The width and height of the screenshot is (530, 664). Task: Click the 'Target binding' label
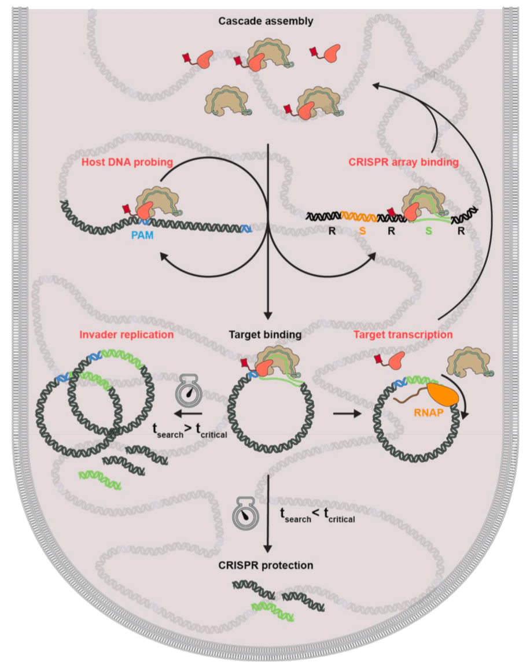pos(266,334)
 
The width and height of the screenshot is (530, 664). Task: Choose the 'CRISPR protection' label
pos(266,565)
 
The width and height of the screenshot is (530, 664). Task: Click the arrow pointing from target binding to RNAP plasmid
pos(345,414)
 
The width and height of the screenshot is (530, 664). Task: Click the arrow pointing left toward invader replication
pos(189,414)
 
